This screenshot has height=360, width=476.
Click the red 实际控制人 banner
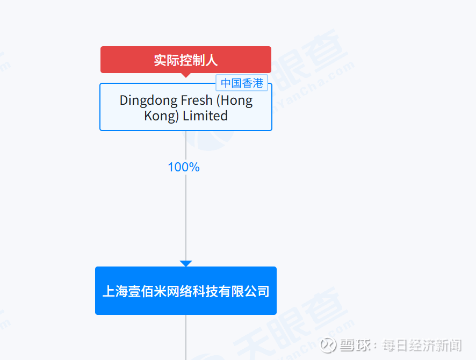coord(186,60)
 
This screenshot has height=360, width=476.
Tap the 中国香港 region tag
coord(242,83)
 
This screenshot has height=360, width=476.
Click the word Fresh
coord(197,100)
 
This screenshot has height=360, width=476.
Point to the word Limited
coord(205,116)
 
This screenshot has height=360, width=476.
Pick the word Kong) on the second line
coord(162,116)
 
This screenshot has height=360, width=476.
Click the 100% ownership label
coord(184,167)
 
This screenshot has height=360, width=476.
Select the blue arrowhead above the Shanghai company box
coord(186,263)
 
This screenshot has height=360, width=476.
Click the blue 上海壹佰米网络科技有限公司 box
coord(186,291)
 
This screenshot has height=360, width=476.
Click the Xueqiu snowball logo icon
coord(328,345)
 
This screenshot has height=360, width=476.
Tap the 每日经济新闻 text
coord(422,345)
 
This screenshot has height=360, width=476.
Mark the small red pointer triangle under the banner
coord(186,75)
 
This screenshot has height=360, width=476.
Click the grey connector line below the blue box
coord(186,337)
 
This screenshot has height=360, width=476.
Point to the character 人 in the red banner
coord(212,60)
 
